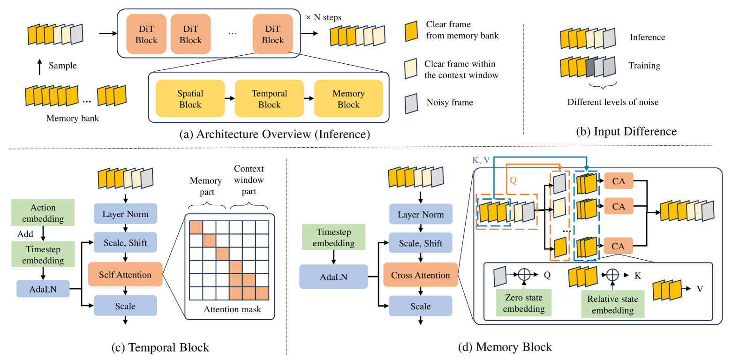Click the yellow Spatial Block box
click(x=190, y=98)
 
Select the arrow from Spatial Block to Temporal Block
click(x=230, y=98)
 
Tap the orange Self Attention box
click(x=125, y=275)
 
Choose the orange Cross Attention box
click(x=420, y=275)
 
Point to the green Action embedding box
click(x=43, y=213)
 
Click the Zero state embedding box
click(x=524, y=303)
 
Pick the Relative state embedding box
click(x=612, y=304)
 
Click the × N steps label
click(x=324, y=17)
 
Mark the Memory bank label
click(x=73, y=118)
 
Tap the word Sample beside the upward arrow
click(x=62, y=66)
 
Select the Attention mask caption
click(x=232, y=309)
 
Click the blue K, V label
click(x=481, y=160)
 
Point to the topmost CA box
click(x=619, y=181)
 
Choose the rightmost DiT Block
click(x=272, y=34)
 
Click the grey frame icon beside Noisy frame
click(x=411, y=103)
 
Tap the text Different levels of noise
click(x=612, y=102)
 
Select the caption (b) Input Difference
click(x=626, y=132)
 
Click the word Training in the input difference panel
click(x=644, y=66)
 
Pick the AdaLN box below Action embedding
click(x=43, y=289)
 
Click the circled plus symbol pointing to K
click(x=612, y=275)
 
